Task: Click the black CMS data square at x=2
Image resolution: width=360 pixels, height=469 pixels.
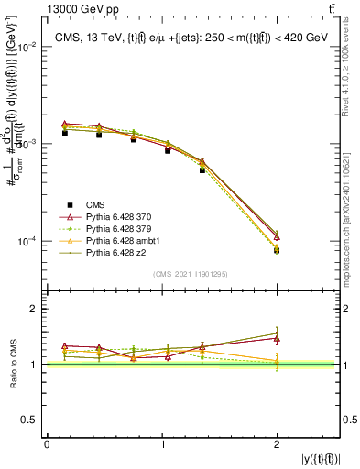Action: [277, 250]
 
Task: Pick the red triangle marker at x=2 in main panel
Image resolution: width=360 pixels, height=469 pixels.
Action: [277, 236]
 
